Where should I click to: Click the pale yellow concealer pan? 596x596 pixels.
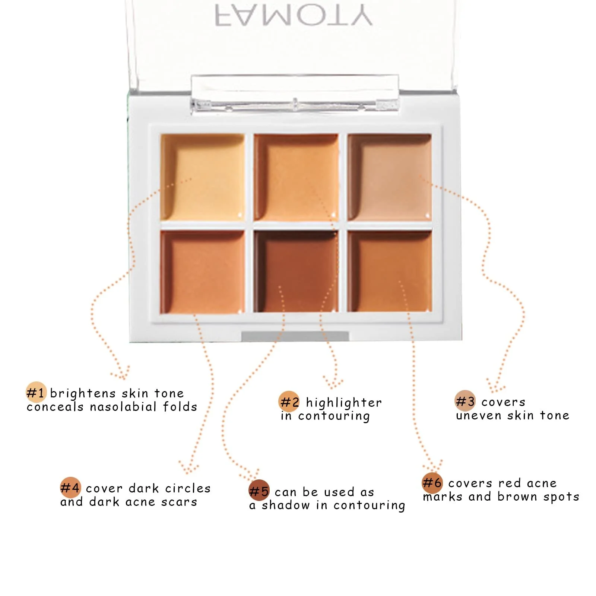point(202,177)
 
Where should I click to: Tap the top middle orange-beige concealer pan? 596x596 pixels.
point(296,177)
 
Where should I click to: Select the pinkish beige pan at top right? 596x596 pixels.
point(390,177)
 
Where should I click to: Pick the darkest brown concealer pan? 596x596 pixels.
point(296,271)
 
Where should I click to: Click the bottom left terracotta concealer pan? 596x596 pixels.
point(202,272)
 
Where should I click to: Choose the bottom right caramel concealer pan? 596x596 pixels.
point(390,271)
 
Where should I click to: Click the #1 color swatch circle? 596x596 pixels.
point(36,392)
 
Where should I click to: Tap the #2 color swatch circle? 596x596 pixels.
point(289,402)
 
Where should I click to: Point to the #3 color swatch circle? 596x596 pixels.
point(465,401)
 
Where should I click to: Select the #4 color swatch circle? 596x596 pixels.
point(70,487)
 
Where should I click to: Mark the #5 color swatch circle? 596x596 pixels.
point(259,491)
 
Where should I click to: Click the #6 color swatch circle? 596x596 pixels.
point(432,482)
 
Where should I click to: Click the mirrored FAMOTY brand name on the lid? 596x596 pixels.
point(294,16)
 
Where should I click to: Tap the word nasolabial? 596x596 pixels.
point(123,406)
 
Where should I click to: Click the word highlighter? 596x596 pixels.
point(344,403)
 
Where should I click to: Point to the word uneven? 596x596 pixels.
point(479,416)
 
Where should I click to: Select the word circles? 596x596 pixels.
point(188,488)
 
